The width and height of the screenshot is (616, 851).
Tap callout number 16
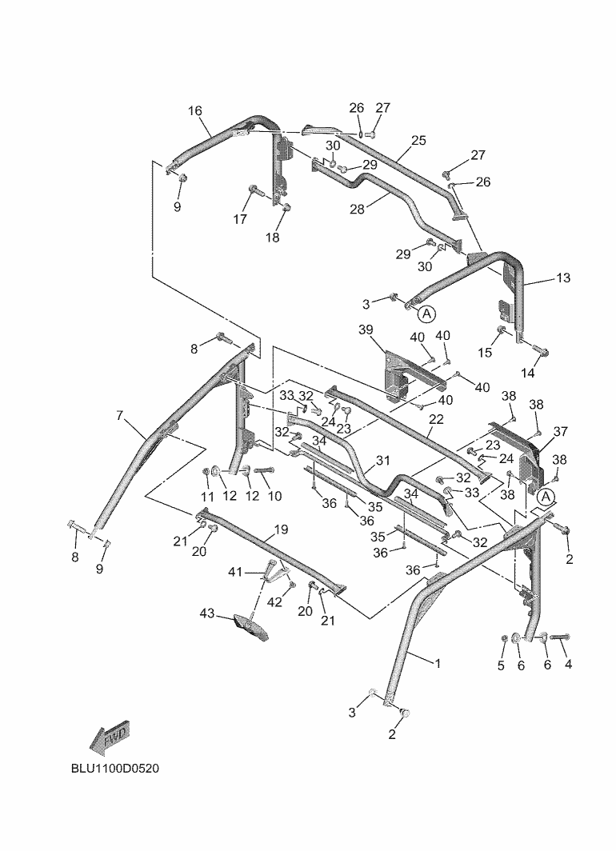pos(195,111)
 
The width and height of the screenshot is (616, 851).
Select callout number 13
pos(563,278)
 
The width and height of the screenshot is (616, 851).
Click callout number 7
pos(120,415)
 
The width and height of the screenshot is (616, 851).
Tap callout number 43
pos(207,613)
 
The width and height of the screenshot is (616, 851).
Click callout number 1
pos(438,662)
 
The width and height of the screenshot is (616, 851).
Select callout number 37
pos(560,431)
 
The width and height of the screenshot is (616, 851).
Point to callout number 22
pos(435,419)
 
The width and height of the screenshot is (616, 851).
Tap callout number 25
pos(418,140)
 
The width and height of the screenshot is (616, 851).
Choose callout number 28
pos(357,209)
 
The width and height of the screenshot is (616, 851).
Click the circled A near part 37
pos(546,497)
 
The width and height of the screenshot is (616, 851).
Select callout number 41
pos(234,572)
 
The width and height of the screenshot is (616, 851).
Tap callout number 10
pos(274,496)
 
